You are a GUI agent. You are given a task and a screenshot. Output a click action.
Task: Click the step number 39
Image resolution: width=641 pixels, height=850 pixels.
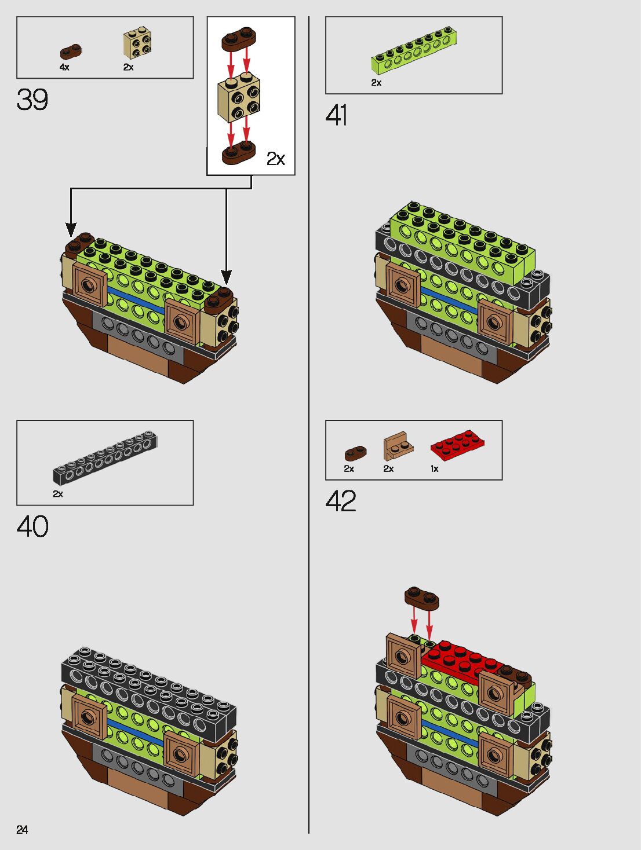pos(32,100)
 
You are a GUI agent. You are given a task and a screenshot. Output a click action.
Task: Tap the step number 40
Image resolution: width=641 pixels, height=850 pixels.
pos(32,527)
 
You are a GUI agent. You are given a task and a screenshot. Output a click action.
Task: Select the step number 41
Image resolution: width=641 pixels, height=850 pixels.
pos(337,115)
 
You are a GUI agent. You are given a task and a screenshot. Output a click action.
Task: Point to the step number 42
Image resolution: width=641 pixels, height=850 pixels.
pos(341,501)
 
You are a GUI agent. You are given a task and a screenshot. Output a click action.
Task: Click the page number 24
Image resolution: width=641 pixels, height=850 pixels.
pos(22,830)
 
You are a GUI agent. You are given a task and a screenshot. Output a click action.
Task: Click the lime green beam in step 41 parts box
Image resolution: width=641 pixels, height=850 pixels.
pos(411,51)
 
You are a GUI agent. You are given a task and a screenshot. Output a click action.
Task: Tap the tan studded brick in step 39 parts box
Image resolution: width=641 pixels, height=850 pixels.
pos(138,45)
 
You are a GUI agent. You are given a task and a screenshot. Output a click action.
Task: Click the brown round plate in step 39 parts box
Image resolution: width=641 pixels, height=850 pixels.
pos(71,52)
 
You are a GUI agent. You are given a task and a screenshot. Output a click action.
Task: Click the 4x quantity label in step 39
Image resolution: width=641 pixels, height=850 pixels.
pos(64,68)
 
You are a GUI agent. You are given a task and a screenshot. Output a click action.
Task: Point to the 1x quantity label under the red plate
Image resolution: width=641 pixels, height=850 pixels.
pos(435,469)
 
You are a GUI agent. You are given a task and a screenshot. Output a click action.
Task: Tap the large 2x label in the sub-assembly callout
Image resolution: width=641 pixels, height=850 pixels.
pos(275,159)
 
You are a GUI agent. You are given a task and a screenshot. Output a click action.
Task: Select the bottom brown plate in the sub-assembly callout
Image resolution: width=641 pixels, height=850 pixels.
pos(238,153)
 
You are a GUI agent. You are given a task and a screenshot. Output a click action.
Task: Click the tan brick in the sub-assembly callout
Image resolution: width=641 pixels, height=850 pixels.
pos(239,99)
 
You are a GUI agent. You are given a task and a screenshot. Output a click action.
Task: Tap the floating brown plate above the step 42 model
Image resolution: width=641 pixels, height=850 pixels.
pos(422,598)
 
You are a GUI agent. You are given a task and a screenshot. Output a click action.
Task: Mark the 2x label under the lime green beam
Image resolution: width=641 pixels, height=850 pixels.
pos(376,83)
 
